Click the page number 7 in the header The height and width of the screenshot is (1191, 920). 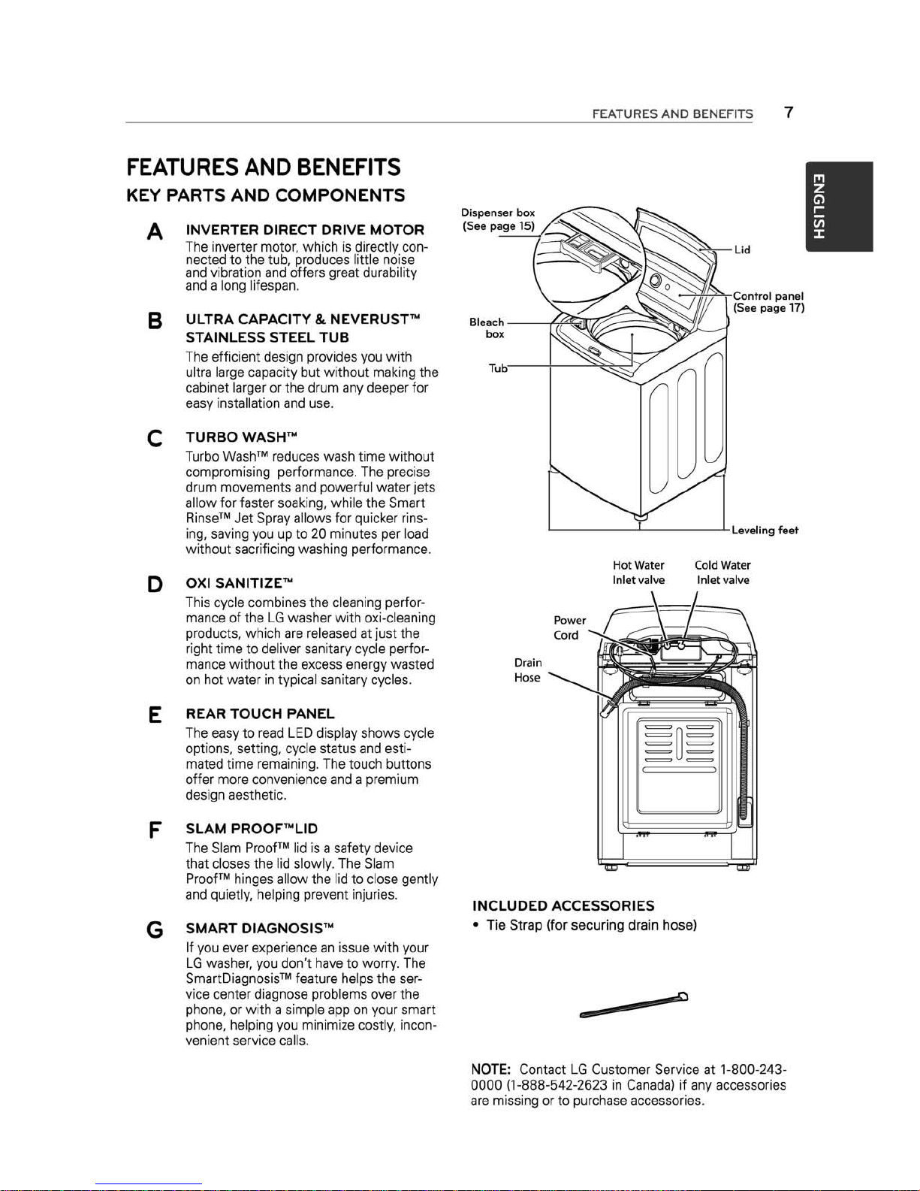click(789, 113)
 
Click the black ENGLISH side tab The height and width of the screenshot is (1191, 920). click(839, 206)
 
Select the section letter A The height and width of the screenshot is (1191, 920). click(155, 232)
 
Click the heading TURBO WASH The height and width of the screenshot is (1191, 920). click(242, 437)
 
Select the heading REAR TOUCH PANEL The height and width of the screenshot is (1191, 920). click(260, 714)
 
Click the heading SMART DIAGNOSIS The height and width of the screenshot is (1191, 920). click(260, 928)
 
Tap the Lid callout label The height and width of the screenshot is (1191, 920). click(742, 250)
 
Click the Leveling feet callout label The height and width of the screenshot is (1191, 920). click(765, 530)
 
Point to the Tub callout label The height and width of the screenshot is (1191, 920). click(498, 368)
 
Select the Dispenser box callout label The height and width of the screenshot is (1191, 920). click(498, 219)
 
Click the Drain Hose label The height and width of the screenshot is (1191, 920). click(528, 670)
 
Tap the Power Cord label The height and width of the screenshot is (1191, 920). click(569, 627)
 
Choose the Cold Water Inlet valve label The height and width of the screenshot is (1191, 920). click(722, 573)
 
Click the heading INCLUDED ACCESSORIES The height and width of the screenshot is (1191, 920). click(563, 905)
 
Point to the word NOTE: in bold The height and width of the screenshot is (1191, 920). click(491, 1069)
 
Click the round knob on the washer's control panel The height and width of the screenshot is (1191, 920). click(654, 280)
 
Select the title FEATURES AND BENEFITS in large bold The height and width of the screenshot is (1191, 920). click(264, 167)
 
